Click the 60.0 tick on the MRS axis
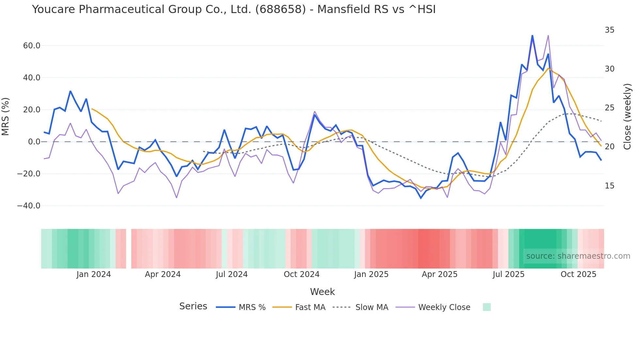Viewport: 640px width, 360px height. [32, 46]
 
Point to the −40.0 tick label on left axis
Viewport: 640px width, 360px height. [29, 206]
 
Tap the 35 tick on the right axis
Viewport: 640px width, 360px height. [609, 30]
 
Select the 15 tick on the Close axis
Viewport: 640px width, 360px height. [609, 186]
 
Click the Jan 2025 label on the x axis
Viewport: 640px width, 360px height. [371, 274]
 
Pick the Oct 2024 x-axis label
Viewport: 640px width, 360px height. [301, 274]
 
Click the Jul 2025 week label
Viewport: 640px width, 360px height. [508, 274]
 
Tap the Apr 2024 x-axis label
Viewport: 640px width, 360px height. [163, 274]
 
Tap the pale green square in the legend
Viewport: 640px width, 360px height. [487, 307]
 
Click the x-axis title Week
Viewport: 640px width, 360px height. [322, 292]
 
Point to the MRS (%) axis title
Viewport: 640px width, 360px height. [6, 116]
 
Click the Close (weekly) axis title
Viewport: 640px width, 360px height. [627, 116]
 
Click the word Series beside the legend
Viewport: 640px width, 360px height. [193, 306]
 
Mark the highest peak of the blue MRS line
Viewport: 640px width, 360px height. [532, 35]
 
